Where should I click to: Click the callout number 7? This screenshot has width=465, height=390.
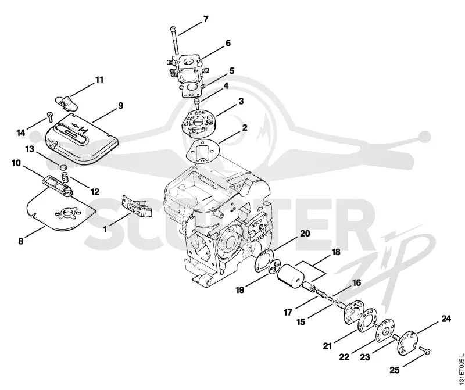coord(206,19)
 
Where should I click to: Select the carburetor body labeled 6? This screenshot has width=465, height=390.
coord(187,69)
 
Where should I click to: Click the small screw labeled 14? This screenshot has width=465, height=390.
coord(49,116)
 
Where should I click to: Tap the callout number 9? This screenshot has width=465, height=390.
coord(120,106)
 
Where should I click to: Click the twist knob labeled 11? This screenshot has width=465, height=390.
coord(66,102)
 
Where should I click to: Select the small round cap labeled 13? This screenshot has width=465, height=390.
coord(62,166)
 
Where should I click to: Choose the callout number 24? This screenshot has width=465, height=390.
coord(446,319)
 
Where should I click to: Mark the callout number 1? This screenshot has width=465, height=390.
coord(105,229)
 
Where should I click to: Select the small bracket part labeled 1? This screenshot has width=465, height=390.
coord(137,205)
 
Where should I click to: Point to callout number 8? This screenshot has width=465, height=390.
coord(20,241)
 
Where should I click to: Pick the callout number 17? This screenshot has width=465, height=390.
coord(288,312)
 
